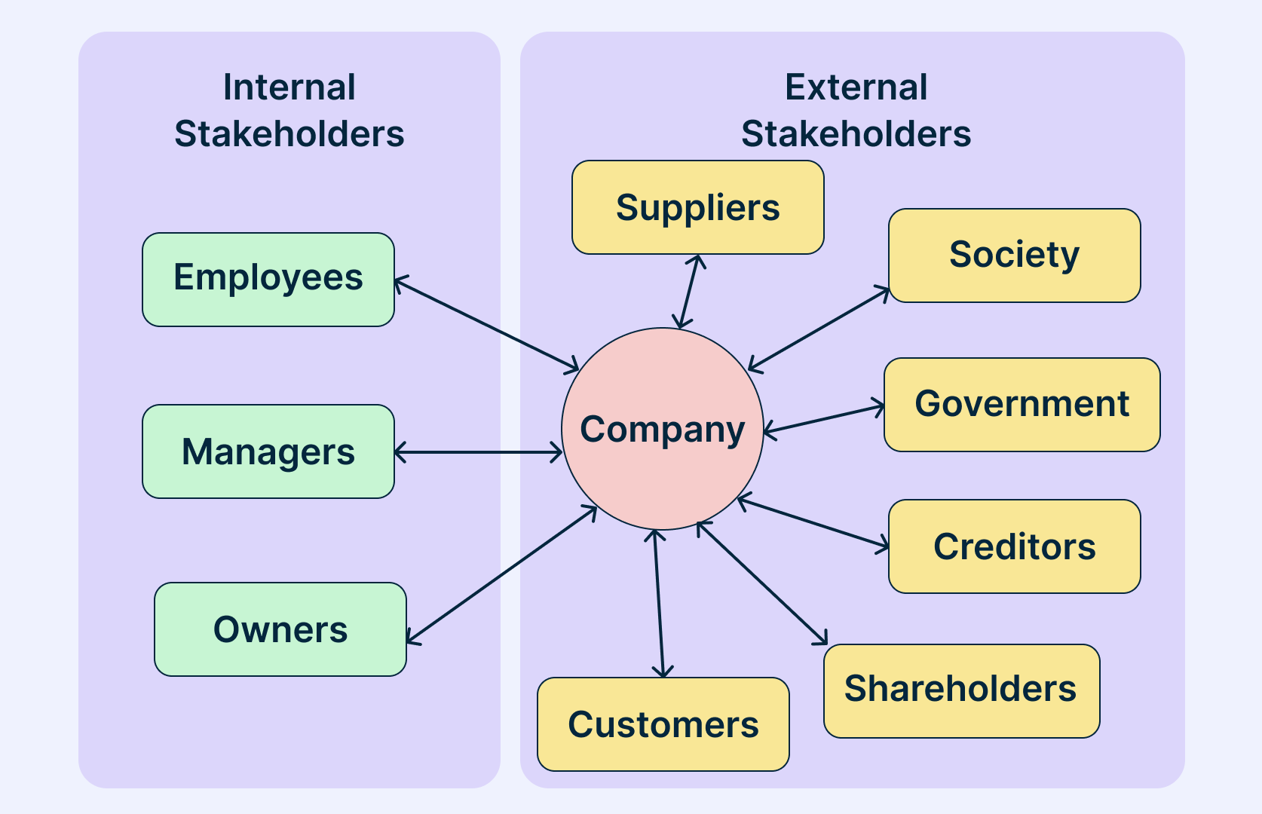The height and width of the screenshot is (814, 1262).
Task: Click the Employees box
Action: click(268, 279)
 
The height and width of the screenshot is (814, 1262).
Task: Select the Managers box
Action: click(268, 451)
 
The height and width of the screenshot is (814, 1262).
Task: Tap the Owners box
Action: click(280, 629)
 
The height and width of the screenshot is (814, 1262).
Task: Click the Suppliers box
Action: click(697, 207)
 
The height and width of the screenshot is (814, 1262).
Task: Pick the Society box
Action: click(1014, 256)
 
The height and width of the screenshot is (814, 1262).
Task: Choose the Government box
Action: click(1022, 405)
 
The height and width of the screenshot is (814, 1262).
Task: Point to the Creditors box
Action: click(1014, 546)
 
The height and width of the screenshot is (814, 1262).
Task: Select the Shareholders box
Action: click(961, 690)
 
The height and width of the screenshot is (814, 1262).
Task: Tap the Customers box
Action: click(663, 724)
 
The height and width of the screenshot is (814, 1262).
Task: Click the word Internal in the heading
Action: click(289, 87)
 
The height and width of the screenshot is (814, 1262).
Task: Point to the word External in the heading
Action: click(856, 87)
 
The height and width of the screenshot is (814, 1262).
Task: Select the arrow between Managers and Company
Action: click(478, 452)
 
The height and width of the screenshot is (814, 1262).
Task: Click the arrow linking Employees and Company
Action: click(486, 325)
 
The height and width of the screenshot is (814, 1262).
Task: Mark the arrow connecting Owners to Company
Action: click(501, 575)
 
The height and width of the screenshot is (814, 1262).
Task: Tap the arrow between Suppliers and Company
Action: click(690, 292)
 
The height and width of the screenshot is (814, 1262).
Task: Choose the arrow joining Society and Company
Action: click(819, 329)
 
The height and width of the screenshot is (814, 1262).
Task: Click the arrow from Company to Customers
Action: click(659, 603)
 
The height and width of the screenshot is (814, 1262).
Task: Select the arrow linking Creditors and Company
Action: click(813, 522)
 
